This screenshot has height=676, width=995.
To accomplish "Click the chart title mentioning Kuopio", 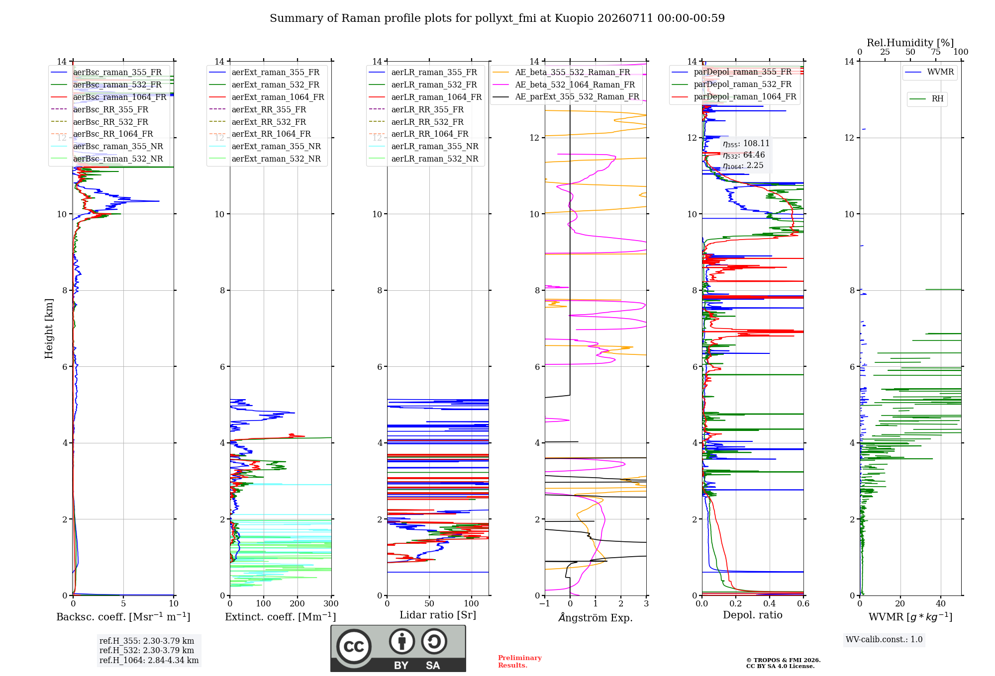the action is (497, 18).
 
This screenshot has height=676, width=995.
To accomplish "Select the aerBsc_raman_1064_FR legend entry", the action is (108, 97).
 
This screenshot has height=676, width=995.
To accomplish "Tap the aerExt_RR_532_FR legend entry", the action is (257, 122).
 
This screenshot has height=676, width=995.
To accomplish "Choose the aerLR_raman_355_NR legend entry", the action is (423, 146).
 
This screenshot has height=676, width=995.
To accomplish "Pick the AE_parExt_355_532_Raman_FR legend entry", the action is (566, 96).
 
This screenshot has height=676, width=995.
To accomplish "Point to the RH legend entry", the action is (926, 98).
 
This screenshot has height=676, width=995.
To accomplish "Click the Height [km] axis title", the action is (49, 329).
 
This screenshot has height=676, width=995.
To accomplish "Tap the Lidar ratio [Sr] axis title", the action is (438, 615).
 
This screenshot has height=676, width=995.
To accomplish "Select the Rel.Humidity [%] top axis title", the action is (910, 43).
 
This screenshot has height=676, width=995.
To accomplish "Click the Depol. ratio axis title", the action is (753, 615).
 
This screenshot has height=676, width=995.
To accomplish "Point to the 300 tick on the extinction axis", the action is (331, 603).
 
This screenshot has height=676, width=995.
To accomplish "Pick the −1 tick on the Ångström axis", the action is (545, 603).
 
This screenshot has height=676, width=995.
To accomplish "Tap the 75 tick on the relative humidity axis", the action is (936, 52).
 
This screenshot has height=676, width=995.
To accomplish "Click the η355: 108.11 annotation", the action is (746, 144).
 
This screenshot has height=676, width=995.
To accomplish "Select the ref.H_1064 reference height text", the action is (149, 660).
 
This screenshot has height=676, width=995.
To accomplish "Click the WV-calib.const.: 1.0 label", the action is (884, 639).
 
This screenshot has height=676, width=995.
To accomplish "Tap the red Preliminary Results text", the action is (520, 662).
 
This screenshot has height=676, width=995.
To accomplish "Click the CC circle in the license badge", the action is (354, 646).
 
